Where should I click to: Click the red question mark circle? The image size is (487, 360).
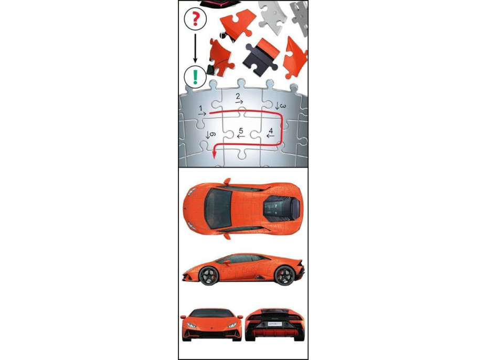tap(195, 18)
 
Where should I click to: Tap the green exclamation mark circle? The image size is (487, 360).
tap(195, 77)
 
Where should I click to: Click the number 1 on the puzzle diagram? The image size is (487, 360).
tap(200, 109)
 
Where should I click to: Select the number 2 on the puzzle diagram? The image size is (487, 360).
tap(238, 96)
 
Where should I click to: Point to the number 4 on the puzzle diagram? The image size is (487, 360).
tap(271, 131)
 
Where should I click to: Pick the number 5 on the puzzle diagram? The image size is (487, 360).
tap(241, 131)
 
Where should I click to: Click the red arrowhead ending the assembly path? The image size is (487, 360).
tap(214, 154)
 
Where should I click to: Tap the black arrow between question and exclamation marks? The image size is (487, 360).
tap(195, 48)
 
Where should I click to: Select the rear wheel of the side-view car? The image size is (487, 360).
tap(284, 275)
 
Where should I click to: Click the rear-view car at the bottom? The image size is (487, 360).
tap(276, 325)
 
